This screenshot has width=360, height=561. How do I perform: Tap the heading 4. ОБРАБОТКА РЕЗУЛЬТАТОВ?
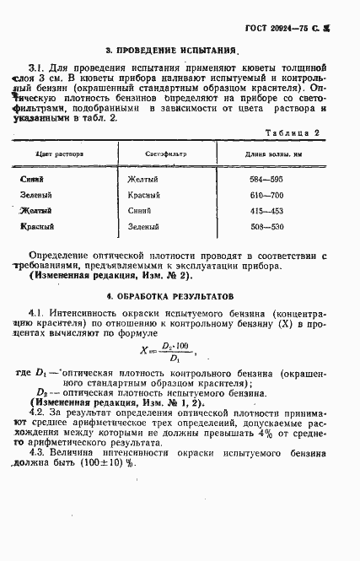[x=176, y=296]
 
